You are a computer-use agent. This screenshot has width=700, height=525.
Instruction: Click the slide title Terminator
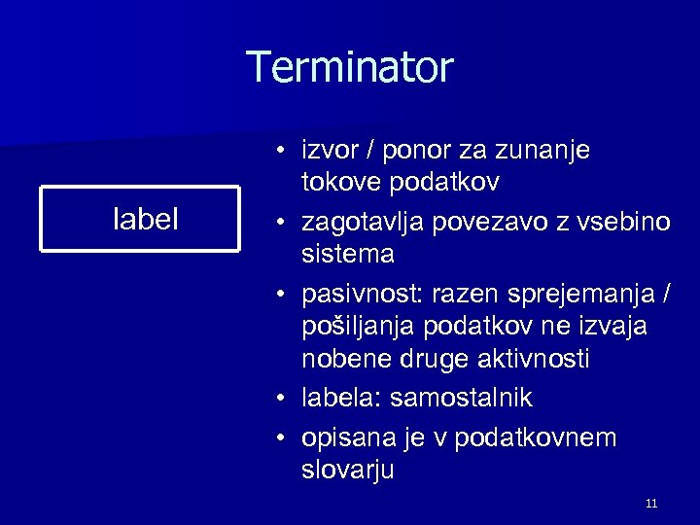(350, 68)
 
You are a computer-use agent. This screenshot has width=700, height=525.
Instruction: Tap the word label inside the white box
(146, 220)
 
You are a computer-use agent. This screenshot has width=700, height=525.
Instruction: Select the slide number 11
(651, 503)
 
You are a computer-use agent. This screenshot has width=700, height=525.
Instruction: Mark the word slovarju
(348, 471)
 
